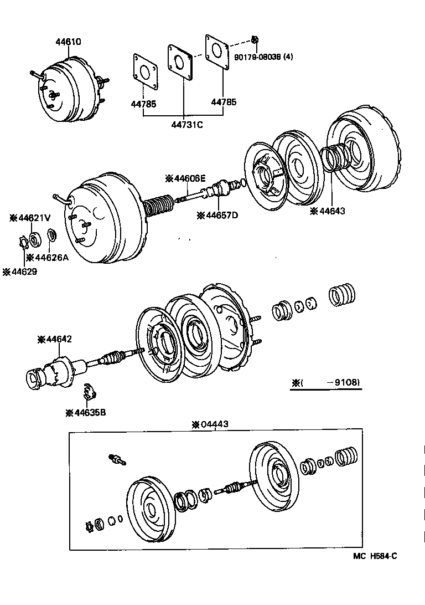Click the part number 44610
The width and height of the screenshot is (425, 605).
(67, 42)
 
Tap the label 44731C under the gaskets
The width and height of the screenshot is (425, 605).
(183, 124)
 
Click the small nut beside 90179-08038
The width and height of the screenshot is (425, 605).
(255, 39)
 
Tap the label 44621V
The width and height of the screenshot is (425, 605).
(30, 218)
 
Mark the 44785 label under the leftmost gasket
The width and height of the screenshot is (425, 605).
(143, 104)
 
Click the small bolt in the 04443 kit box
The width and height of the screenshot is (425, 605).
(117, 459)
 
